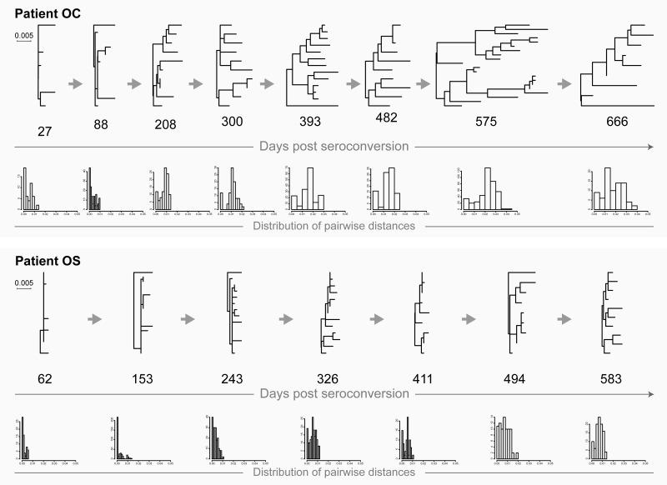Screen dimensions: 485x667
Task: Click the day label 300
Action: [x=233, y=122]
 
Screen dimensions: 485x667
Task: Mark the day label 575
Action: [x=486, y=122]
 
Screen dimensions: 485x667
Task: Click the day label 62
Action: [x=45, y=380]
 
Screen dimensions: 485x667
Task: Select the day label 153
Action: [x=143, y=380]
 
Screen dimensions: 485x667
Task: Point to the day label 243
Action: [x=235, y=380]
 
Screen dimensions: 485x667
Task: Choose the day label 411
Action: [x=423, y=380]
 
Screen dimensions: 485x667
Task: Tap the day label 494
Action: [x=516, y=380]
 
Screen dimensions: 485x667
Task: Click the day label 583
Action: [x=609, y=380]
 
